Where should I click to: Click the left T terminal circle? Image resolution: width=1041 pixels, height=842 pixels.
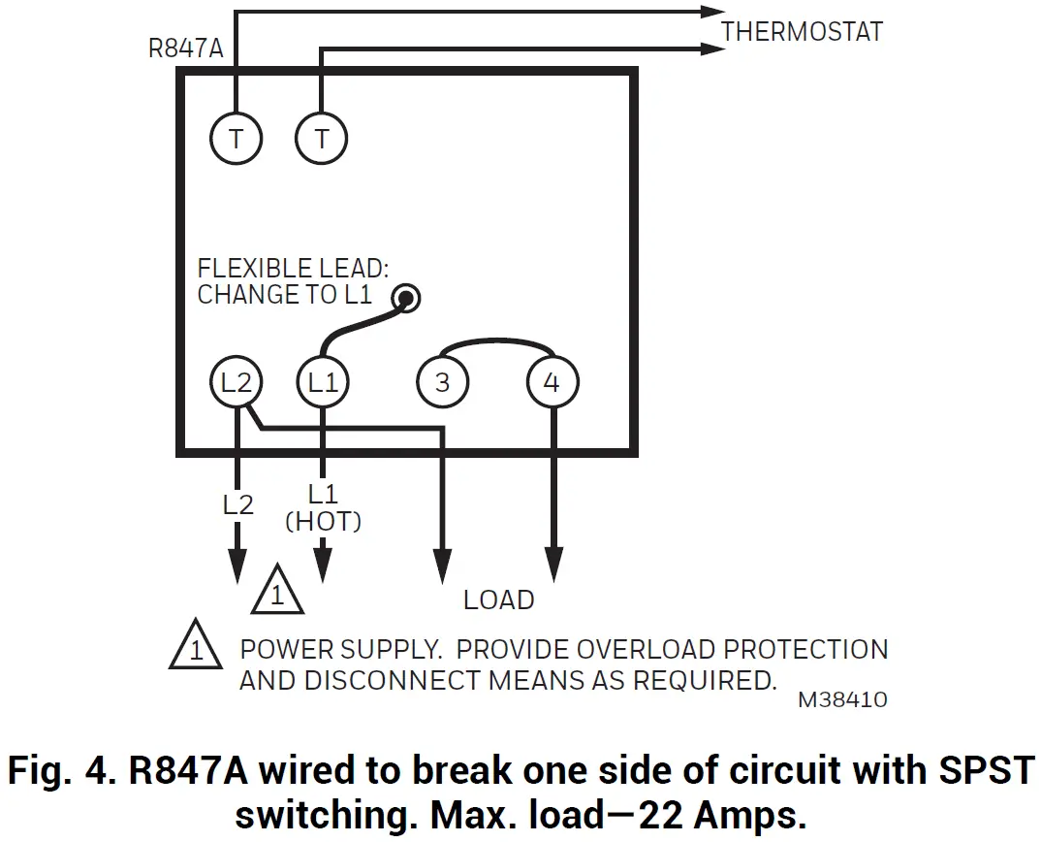[237, 140]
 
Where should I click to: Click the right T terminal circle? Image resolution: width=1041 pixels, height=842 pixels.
[321, 140]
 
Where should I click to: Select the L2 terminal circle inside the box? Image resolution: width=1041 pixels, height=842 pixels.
[237, 382]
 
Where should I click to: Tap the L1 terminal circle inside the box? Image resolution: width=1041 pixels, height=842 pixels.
[323, 382]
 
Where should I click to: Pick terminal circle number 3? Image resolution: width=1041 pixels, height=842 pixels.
[442, 382]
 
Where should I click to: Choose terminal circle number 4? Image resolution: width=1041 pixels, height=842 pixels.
[552, 382]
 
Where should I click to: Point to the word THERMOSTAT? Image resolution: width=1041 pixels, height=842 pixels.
[802, 31]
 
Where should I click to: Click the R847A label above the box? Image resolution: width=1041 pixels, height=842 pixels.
[186, 49]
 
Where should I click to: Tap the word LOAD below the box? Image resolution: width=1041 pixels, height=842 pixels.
[498, 600]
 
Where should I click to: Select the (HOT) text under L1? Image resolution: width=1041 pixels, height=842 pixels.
[323, 522]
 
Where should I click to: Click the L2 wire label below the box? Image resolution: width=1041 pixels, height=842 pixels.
[237, 504]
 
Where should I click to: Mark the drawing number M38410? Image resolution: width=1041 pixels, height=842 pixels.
[842, 699]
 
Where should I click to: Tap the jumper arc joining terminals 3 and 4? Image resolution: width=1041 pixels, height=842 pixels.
[497, 343]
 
